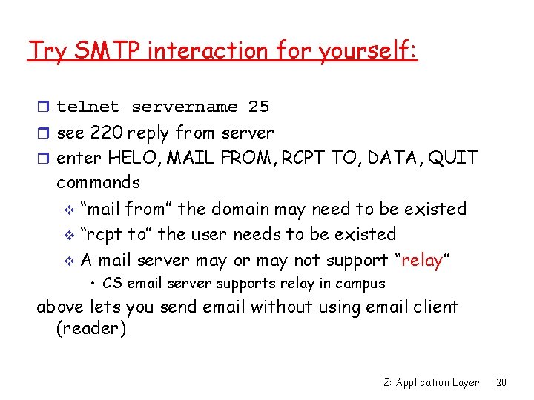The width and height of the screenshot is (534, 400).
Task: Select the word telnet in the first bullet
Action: [x=88, y=107]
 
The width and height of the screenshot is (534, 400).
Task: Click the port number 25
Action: [x=259, y=107]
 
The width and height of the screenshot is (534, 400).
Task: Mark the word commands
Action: [x=98, y=182]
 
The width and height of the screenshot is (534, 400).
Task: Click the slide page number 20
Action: [x=501, y=383]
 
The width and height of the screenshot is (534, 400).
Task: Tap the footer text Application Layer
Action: [x=437, y=383]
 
